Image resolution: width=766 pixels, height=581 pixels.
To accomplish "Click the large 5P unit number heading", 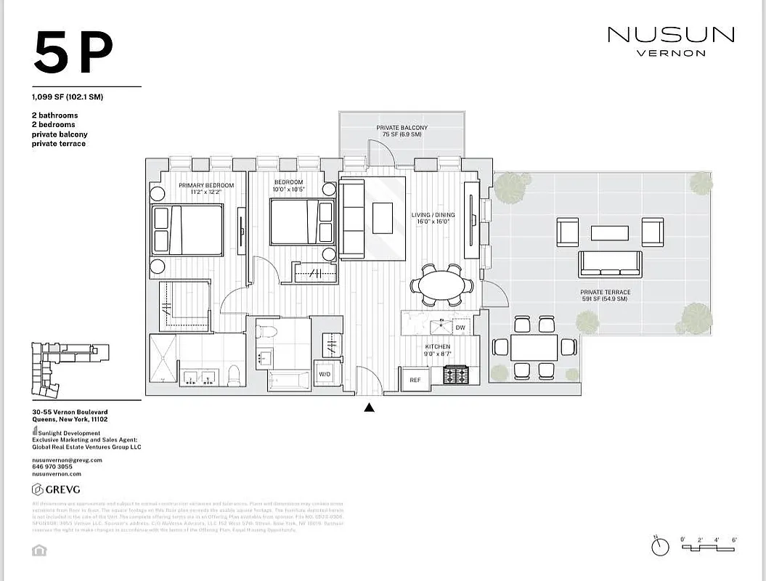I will [73, 54].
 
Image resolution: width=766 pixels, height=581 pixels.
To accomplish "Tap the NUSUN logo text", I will [670, 34].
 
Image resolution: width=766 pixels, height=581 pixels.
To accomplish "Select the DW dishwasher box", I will [460, 328].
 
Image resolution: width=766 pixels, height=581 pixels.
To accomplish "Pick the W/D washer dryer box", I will [325, 373].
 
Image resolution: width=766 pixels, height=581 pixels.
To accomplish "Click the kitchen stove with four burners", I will [457, 375].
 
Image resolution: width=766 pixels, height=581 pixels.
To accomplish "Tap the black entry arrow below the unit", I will [369, 407].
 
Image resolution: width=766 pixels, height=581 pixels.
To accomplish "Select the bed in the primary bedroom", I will [188, 229].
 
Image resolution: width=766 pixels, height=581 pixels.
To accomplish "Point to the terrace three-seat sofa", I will [610, 264].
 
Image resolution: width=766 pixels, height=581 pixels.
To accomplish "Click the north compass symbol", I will [659, 544].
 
